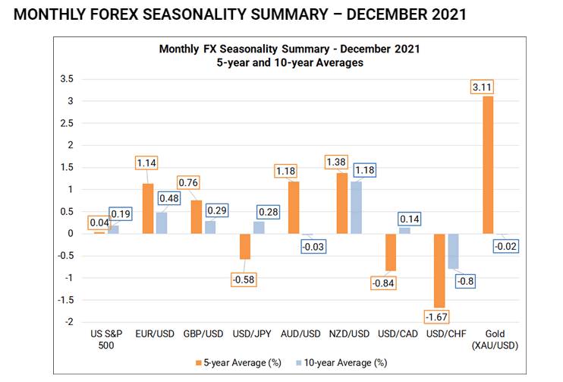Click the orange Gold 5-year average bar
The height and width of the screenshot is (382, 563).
click(488, 164)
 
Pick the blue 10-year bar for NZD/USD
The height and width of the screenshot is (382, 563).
click(357, 207)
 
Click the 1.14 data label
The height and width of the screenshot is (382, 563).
click(147, 163)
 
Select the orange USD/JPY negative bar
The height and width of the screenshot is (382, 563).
click(245, 246)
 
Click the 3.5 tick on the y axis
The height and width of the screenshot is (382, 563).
click(66, 79)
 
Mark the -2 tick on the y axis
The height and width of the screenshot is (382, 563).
click(68, 322)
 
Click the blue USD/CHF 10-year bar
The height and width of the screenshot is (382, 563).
click(452, 251)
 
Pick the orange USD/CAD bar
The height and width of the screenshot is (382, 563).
click(392, 251)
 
